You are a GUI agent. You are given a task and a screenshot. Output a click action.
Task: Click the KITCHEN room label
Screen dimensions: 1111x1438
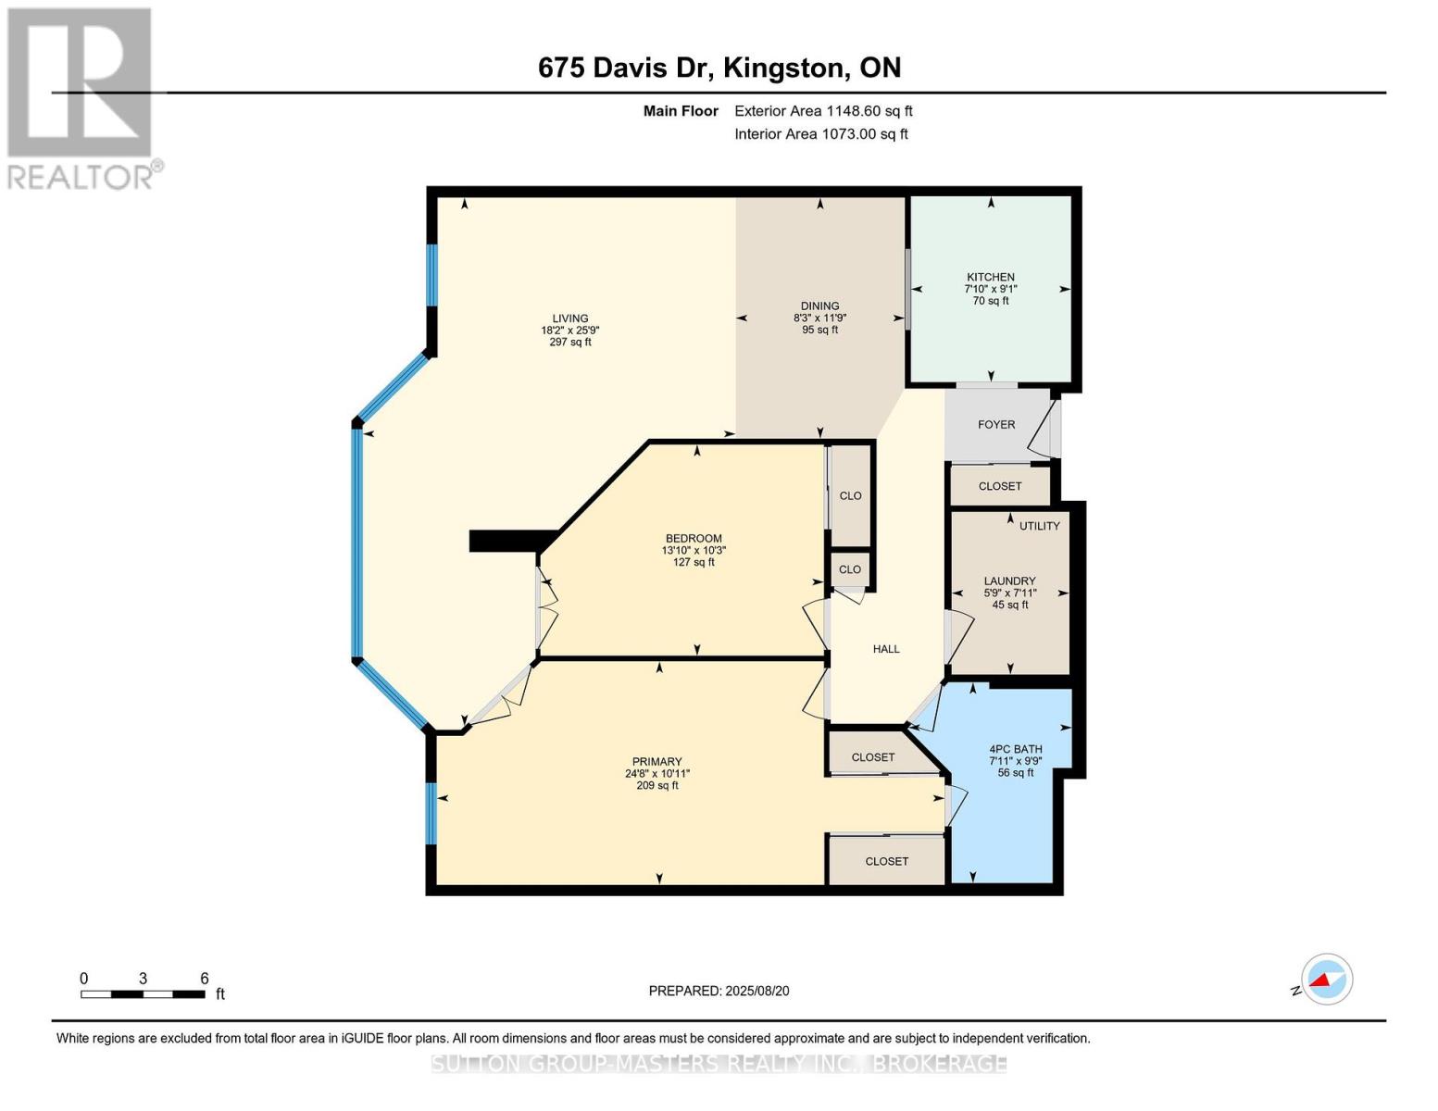[990, 277]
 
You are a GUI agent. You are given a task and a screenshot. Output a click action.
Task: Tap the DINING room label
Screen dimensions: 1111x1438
[819, 306]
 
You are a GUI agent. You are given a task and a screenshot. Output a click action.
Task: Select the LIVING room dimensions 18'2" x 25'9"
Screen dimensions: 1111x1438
[569, 331]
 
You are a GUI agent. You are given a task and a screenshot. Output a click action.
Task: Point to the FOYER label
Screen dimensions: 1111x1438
[996, 425]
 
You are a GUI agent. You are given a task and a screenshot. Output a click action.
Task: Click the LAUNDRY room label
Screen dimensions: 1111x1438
[1009, 581]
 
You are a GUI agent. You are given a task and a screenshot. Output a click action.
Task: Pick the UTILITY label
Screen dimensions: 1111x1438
[1039, 526]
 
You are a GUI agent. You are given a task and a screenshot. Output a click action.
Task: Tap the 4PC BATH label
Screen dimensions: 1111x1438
[1015, 749]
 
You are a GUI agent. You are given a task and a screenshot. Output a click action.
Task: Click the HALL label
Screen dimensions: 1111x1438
[886, 649]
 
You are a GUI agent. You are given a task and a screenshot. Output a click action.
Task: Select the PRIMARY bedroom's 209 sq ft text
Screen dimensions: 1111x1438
[656, 786]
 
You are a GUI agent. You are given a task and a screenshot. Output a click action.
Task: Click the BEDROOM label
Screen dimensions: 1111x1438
[694, 539]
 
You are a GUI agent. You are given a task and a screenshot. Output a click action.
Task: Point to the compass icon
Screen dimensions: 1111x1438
[1326, 980]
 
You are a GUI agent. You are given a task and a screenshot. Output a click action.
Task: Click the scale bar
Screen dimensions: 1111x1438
[143, 994]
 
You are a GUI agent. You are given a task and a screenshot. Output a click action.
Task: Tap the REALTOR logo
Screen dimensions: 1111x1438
[81, 97]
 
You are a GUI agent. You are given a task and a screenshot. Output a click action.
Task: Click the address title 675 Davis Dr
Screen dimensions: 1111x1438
[719, 68]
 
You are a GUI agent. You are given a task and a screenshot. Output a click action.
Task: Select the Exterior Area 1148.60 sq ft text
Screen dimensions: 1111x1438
[823, 111]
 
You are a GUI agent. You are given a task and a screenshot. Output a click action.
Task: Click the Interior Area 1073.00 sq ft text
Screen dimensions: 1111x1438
[821, 134]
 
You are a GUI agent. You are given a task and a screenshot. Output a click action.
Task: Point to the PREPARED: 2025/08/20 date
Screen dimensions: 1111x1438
[719, 991]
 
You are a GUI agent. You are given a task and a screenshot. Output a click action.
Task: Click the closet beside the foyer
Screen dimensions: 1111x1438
[1000, 486]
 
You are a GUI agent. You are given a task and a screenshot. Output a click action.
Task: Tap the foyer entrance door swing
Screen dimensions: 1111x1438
[1044, 430]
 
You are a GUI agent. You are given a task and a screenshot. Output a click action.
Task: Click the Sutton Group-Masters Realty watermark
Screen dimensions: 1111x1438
[719, 1064]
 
